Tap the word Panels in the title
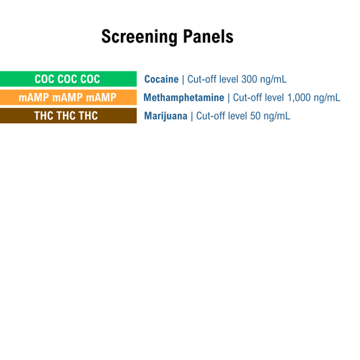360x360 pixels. point(208,36)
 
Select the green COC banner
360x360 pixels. point(68,79)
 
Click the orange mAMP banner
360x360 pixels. point(68,97)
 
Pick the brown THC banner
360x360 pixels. point(68,115)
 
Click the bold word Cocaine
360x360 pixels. point(161,79)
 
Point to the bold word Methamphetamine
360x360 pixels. point(184,97)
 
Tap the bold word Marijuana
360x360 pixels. point(165,115)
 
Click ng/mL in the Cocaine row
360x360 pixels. point(274,79)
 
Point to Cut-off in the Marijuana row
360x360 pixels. point(210,115)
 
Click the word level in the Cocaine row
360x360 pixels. point(229,79)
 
